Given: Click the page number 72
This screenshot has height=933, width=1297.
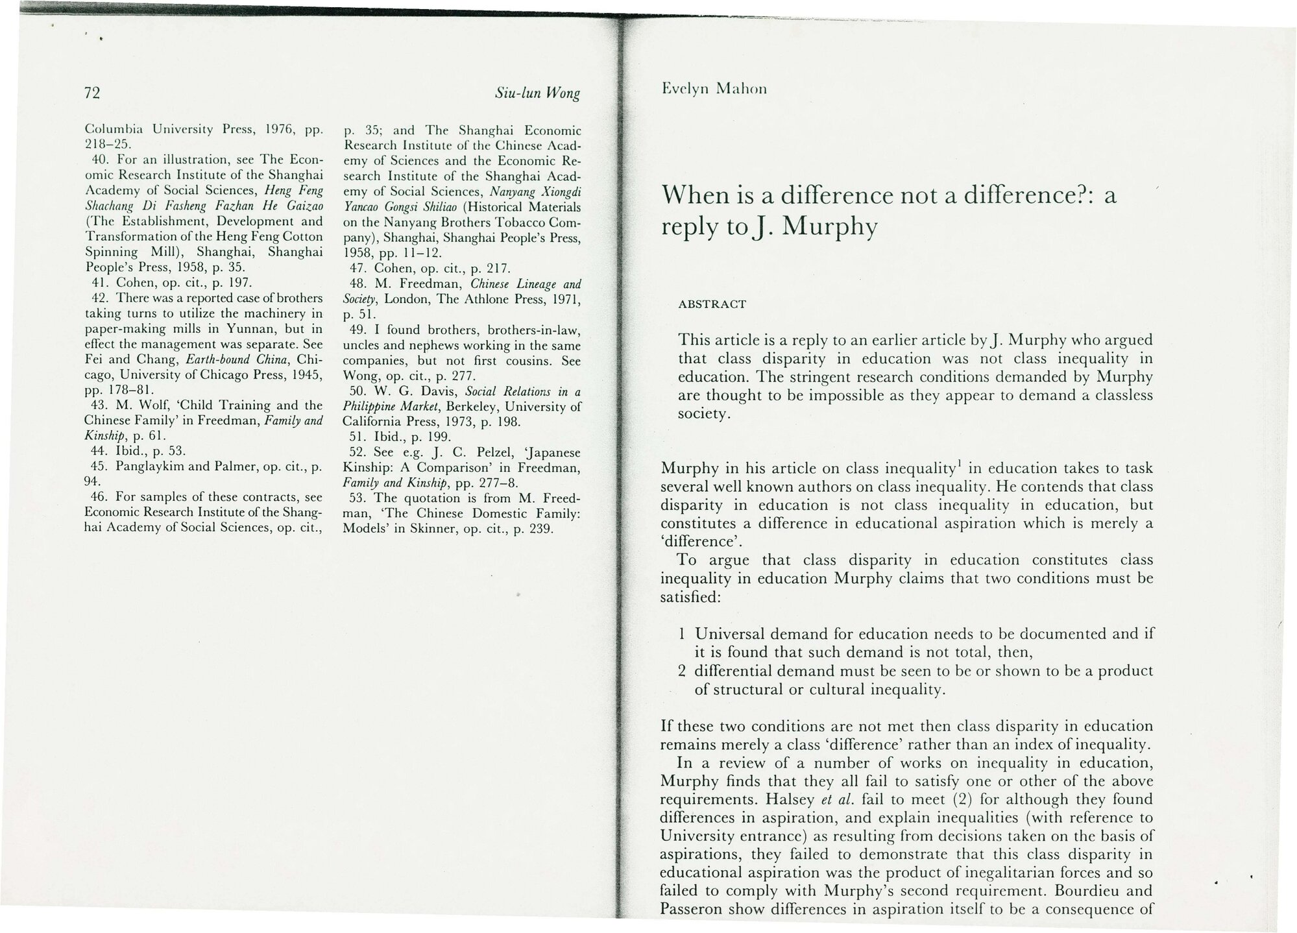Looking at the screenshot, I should click(x=91, y=93).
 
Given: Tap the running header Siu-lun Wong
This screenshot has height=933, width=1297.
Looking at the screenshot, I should click(x=537, y=93).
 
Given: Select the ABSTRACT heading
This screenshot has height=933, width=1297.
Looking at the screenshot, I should click(x=712, y=304).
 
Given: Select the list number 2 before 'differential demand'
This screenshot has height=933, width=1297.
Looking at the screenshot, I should click(x=682, y=671).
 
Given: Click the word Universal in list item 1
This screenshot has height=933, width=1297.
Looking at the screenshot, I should click(x=729, y=634).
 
